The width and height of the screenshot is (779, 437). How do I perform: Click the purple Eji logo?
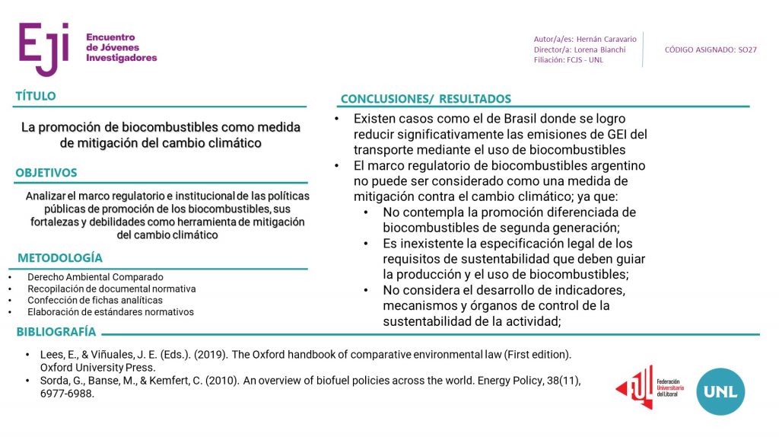[x=44, y=48]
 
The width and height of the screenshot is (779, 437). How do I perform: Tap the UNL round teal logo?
[x=720, y=391]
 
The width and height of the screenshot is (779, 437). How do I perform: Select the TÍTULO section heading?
[x=36, y=97]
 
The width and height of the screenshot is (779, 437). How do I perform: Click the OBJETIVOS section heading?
[x=46, y=173]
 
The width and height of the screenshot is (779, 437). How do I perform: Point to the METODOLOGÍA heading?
[x=60, y=258]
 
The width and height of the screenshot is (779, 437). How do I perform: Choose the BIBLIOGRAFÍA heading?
[x=56, y=332]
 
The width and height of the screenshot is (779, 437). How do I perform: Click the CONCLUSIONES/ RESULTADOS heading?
[x=426, y=99]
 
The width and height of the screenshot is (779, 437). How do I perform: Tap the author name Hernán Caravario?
[x=605, y=39]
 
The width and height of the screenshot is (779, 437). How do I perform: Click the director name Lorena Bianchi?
[x=601, y=49]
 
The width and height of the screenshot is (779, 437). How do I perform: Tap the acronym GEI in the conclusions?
[x=619, y=135]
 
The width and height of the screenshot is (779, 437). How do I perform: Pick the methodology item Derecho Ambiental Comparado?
[x=95, y=277]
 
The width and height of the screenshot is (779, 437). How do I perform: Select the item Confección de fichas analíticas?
[x=95, y=300]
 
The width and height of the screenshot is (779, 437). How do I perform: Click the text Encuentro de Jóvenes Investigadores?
[x=121, y=47]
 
